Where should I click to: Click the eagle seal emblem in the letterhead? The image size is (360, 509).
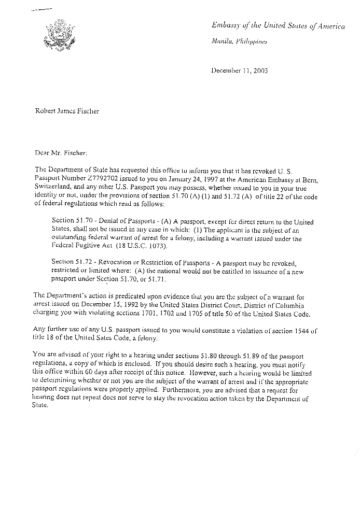(x=62, y=35)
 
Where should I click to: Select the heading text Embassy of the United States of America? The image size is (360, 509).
(x=279, y=26)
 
